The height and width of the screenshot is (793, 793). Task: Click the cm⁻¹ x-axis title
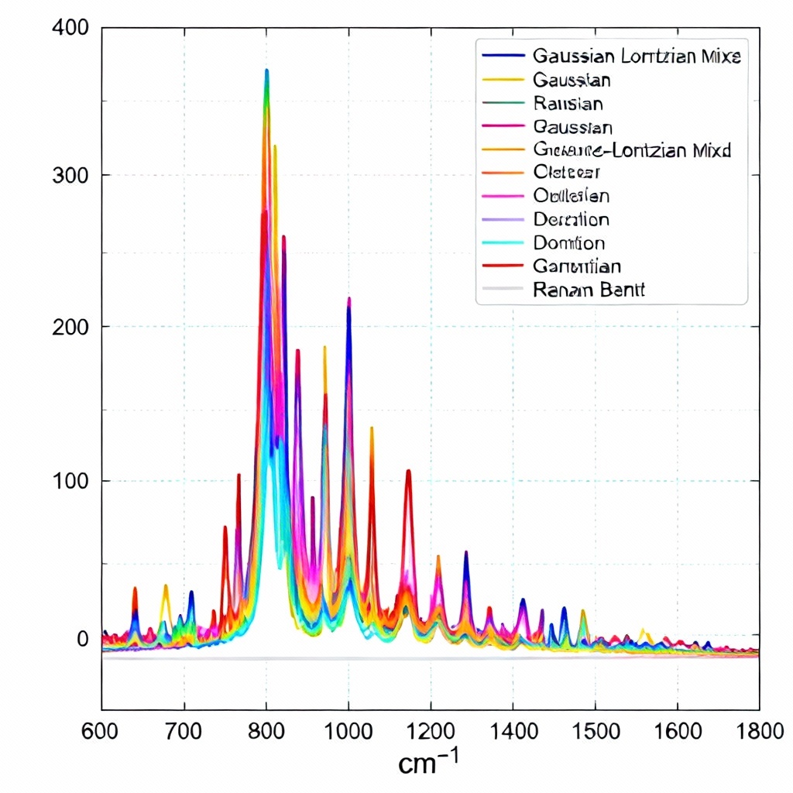(428, 762)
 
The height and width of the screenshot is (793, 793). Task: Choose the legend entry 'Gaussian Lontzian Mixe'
(637, 56)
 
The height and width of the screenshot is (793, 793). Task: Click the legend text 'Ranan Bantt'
(589, 290)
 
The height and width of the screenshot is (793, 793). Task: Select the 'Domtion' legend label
(569, 243)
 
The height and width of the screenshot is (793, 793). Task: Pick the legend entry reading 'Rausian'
(568, 103)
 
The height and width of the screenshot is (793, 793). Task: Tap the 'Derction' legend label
(572, 220)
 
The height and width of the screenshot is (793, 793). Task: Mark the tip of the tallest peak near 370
(266, 70)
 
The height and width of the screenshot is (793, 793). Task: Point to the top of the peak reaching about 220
(349, 298)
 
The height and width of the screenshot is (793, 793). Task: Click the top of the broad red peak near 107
(408, 470)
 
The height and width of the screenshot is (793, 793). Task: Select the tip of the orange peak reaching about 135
(372, 427)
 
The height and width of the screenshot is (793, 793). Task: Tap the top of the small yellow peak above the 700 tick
(165, 585)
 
